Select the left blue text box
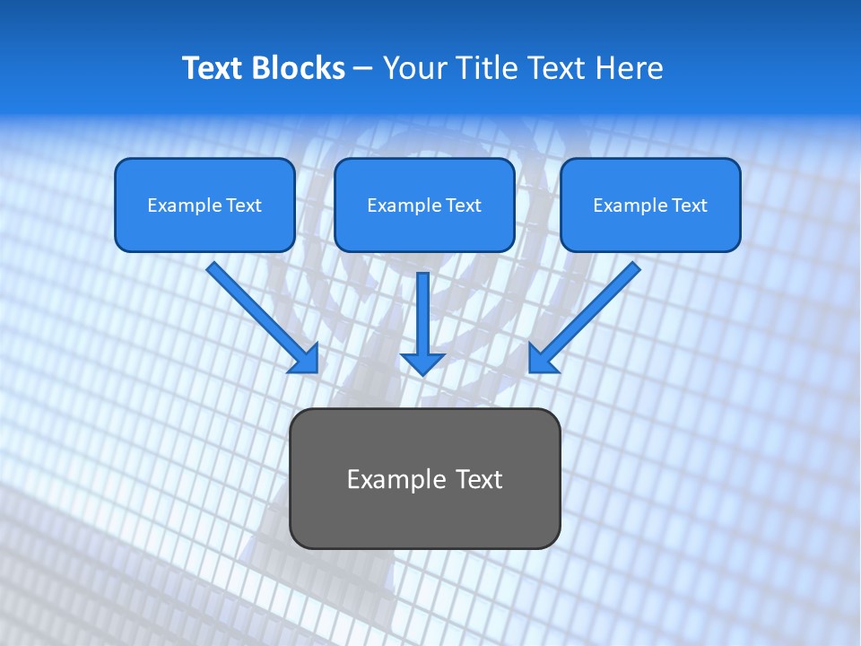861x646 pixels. [x=204, y=205]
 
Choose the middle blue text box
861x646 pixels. [x=424, y=205]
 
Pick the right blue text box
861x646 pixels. [x=650, y=205]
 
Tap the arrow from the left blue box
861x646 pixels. [x=260, y=315]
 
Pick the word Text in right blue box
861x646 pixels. [x=689, y=205]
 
